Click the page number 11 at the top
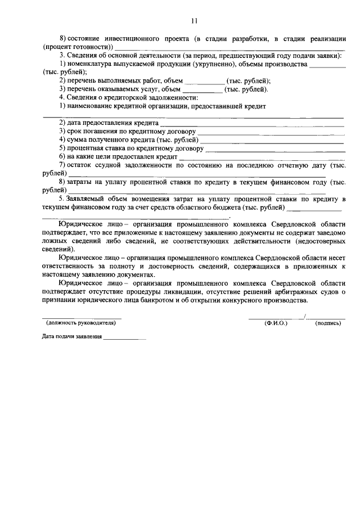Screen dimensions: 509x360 coord(194,21)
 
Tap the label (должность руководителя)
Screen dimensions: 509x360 coord(81,323)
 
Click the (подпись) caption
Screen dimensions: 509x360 coord(328,323)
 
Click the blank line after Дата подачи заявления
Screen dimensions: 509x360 coord(124,338)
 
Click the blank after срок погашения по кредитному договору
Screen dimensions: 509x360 coord(271,133)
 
